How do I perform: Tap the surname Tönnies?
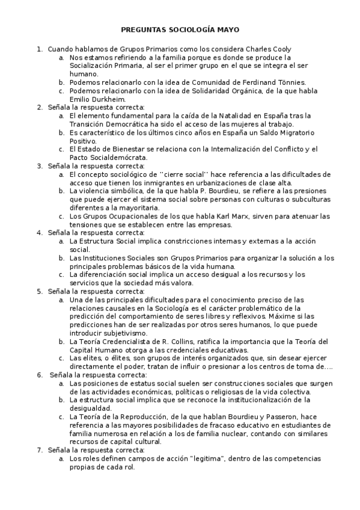tap(291, 82)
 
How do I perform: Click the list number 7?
tap(40, 450)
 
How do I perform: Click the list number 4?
tap(40, 233)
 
